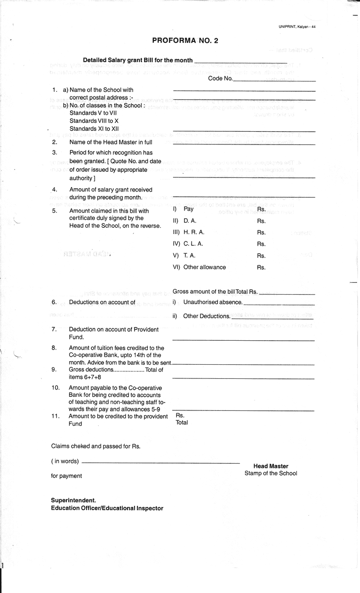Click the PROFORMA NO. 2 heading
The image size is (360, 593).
pyautogui.click(x=185, y=41)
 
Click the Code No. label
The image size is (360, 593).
pyautogui.click(x=220, y=79)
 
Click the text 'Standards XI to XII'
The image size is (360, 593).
pyautogui.click(x=94, y=128)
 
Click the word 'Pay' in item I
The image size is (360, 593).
pyautogui.click(x=188, y=208)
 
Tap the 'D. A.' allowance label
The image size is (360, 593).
pyautogui.click(x=190, y=221)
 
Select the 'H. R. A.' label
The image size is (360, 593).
pyautogui.click(x=193, y=232)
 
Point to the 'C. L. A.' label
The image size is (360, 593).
pyautogui.click(x=193, y=244)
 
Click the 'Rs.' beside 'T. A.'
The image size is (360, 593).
pyautogui.click(x=261, y=256)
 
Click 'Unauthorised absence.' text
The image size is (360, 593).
pyautogui.click(x=213, y=302)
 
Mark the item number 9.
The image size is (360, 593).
pyautogui.click(x=54, y=369)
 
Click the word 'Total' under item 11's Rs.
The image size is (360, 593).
pyautogui.click(x=182, y=423)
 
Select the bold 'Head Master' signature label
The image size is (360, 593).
pyautogui.click(x=271, y=466)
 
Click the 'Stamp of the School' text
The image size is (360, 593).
pyautogui.click(x=271, y=473)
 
